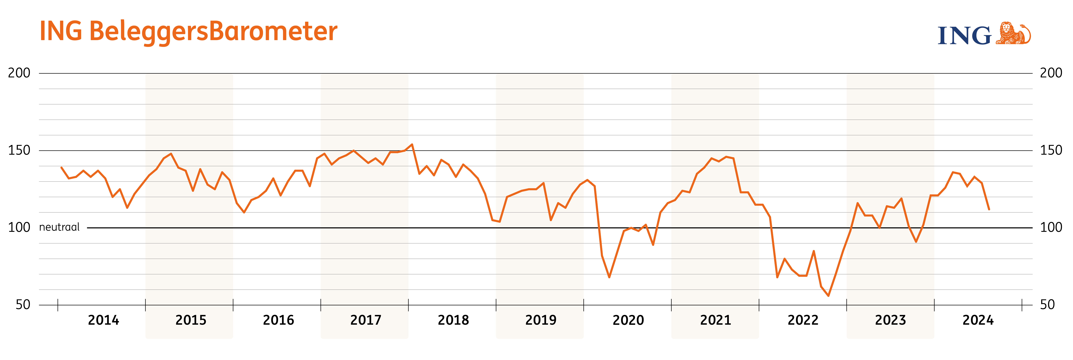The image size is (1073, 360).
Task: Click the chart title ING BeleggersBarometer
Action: click(x=188, y=32)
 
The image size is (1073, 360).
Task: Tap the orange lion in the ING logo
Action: click(x=1013, y=33)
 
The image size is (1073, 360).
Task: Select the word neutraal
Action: click(x=59, y=227)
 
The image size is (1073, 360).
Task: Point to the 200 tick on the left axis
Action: click(x=19, y=73)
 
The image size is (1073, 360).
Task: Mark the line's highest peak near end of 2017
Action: click(x=412, y=145)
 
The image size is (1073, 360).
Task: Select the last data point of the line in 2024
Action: click(x=989, y=209)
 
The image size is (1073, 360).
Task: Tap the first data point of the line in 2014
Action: click(x=61, y=168)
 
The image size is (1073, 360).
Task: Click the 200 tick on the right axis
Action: click(x=1051, y=73)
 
